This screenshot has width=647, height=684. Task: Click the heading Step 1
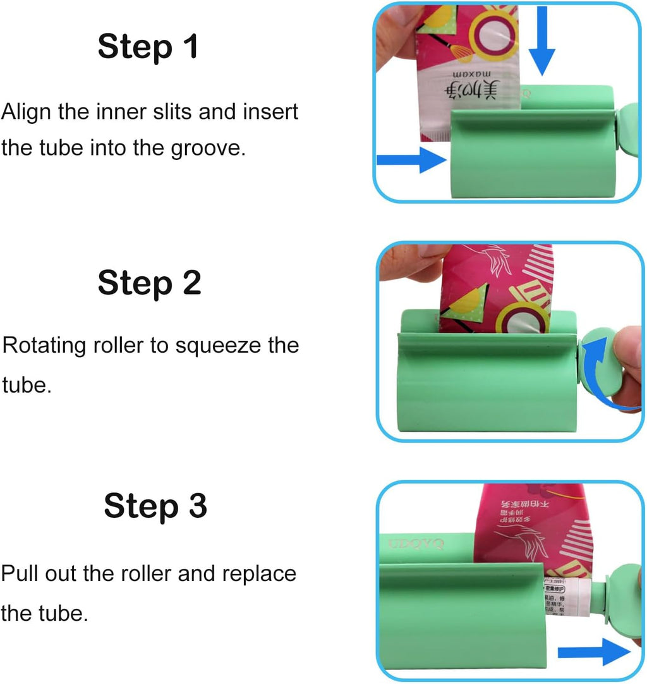[148, 47]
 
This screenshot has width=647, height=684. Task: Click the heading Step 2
[149, 283]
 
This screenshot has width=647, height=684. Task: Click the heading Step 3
[155, 506]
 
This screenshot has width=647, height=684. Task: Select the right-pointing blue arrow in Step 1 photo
[411, 159]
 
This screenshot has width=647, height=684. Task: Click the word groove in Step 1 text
[212, 149]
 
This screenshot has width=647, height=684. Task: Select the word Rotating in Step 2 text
[44, 346]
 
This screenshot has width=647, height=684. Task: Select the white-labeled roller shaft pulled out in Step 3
[569, 601]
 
